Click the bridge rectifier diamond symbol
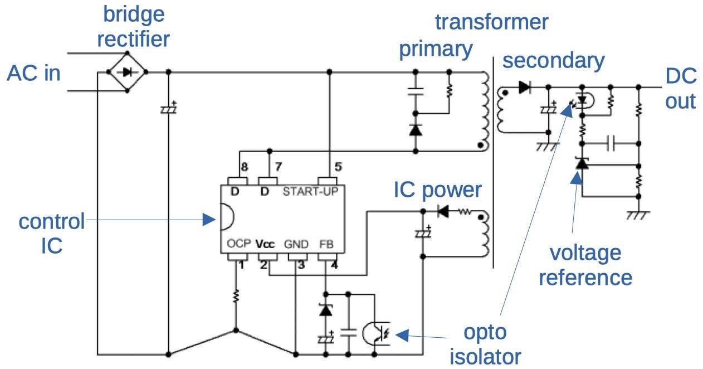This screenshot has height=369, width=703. pyautogui.click(x=127, y=71)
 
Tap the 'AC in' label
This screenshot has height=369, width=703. pyautogui.click(x=33, y=74)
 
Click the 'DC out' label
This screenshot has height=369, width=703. pyautogui.click(x=680, y=89)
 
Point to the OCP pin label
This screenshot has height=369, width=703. pyautogui.click(x=240, y=244)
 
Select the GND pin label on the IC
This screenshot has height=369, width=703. pyautogui.click(x=296, y=244)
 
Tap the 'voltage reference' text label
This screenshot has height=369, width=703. pyautogui.click(x=585, y=265)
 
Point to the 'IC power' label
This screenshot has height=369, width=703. pyautogui.click(x=437, y=190)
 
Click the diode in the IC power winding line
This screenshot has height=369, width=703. pyautogui.click(x=443, y=212)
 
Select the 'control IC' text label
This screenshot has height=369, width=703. pyautogui.click(x=51, y=233)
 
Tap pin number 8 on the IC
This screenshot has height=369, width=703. pyautogui.click(x=244, y=166)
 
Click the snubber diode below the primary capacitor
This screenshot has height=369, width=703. pyautogui.click(x=415, y=130)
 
